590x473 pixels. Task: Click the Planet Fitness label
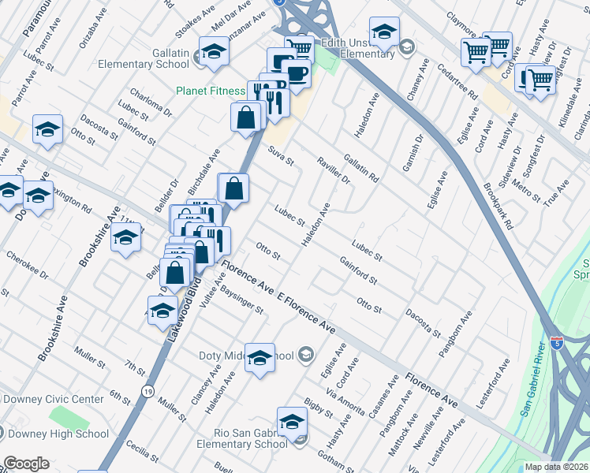(211, 91)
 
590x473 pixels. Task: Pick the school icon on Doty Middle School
(260, 359)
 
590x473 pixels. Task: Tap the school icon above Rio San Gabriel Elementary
(292, 422)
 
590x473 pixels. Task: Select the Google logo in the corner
(25, 464)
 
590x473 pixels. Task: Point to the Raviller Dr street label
(333, 168)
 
